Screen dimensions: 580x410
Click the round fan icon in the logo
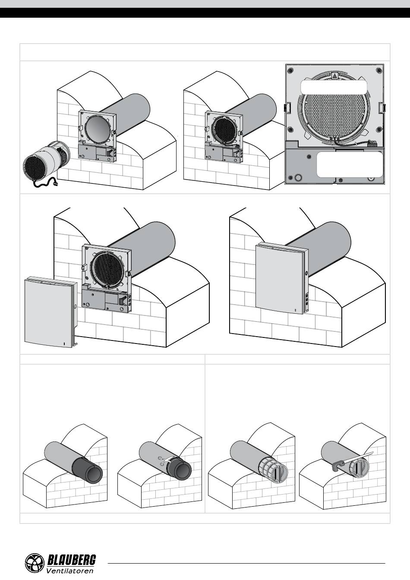pyautogui.click(x=35, y=564)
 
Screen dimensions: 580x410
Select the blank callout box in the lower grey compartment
pyautogui.click(x=350, y=164)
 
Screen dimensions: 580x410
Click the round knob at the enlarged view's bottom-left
pyautogui.click(x=298, y=177)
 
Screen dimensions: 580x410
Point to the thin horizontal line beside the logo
pyautogui.click(x=246, y=563)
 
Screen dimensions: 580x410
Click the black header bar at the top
pyautogui.click(x=205, y=13)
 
